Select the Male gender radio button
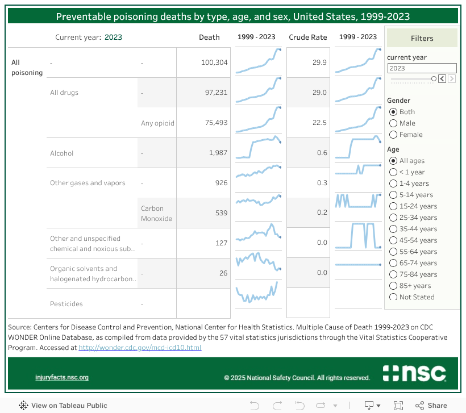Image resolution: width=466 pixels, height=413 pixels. [x=393, y=123]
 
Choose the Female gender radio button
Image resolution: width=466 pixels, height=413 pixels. [x=393, y=135]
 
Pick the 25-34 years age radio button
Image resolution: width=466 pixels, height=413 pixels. [x=393, y=218]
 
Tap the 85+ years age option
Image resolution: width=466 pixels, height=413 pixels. [x=393, y=286]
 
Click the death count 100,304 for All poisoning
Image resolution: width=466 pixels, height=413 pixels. [x=214, y=62]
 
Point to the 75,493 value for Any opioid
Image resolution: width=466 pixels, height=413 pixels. [x=214, y=123]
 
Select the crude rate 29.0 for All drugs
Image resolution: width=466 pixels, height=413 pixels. [x=319, y=93]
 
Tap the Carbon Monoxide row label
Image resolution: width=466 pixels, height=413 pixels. [x=157, y=213]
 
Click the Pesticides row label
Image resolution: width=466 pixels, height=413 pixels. [x=66, y=304]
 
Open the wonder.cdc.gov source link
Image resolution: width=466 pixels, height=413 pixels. [x=140, y=348]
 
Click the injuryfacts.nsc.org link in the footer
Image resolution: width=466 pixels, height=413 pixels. [x=62, y=377]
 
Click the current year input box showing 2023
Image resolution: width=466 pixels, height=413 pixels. [x=422, y=68]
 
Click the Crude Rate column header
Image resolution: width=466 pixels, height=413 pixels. [x=308, y=37]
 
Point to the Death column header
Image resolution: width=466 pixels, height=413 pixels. [x=209, y=37]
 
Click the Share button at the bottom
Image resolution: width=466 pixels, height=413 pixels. [x=431, y=406]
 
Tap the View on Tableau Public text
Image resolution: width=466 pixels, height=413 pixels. [x=69, y=406]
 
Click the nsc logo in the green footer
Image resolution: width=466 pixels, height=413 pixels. [x=414, y=373]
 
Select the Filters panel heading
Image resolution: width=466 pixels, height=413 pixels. [x=422, y=39]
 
